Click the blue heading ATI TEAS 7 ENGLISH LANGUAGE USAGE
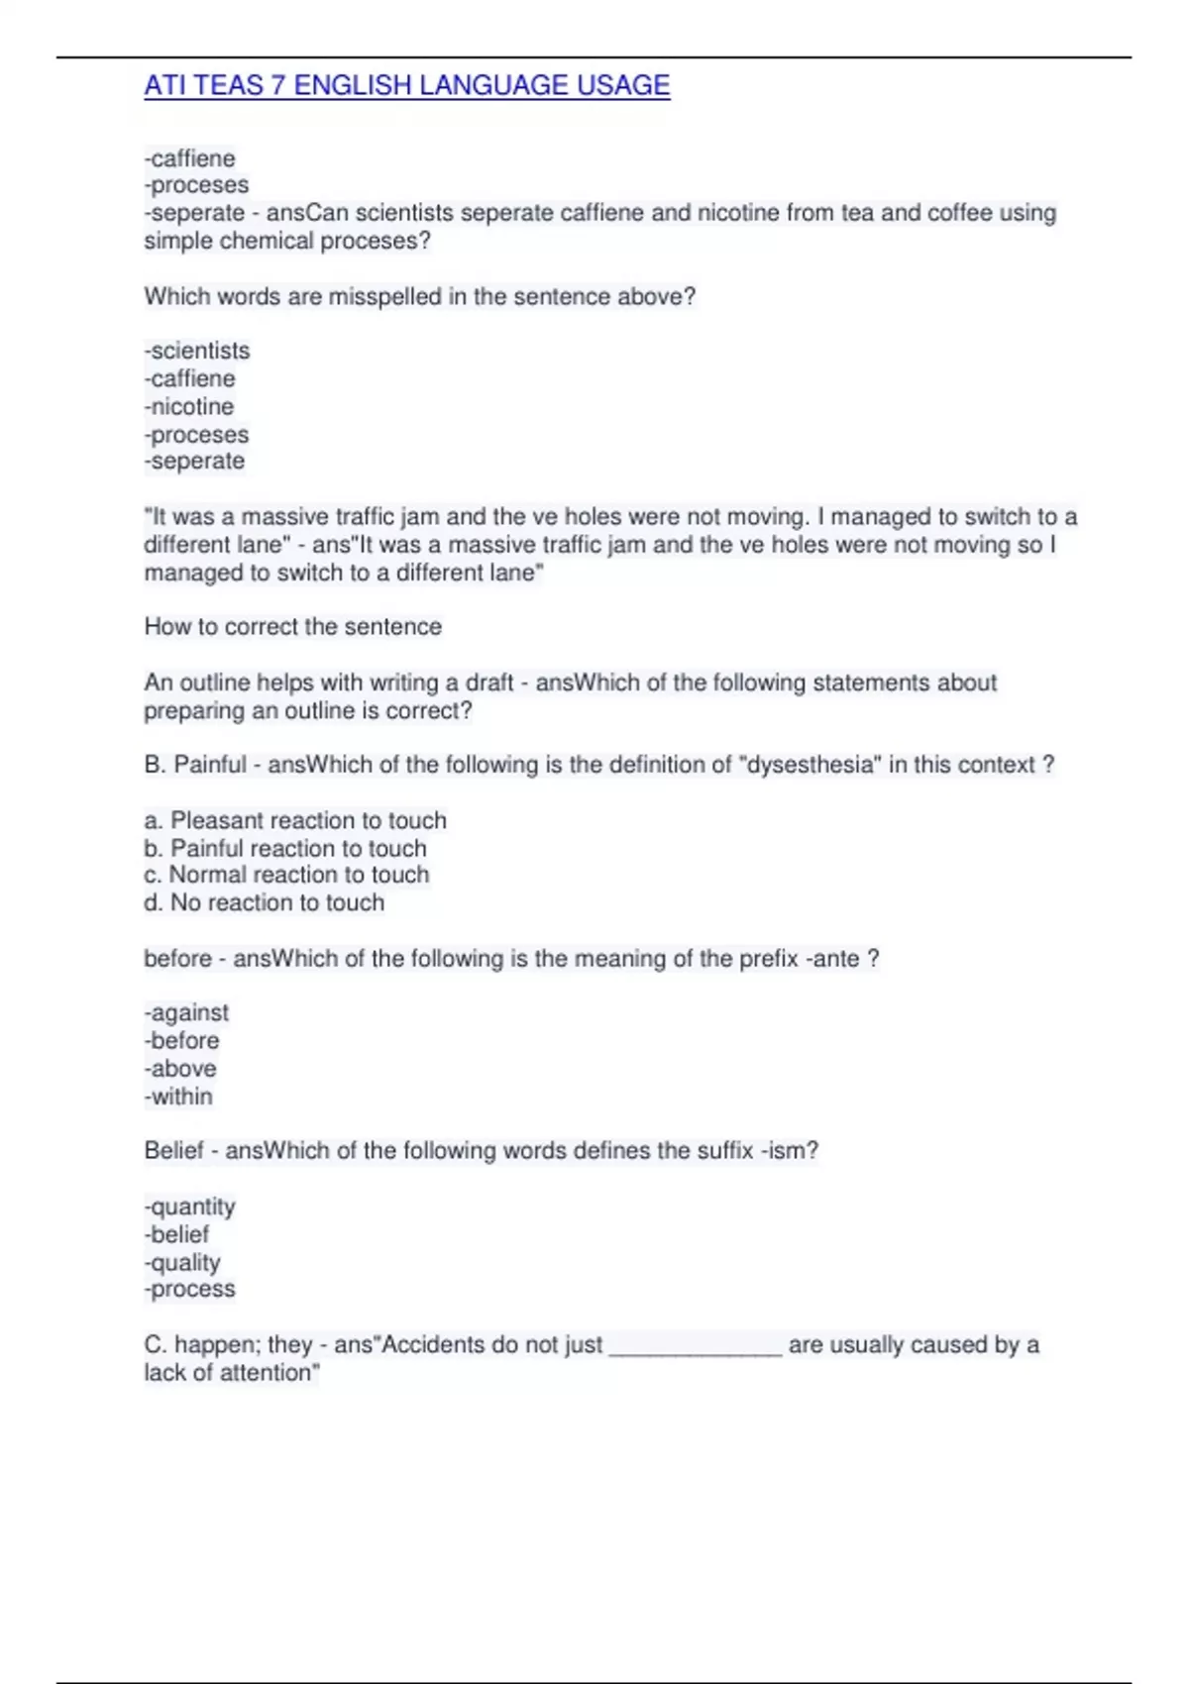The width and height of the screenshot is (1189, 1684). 406,86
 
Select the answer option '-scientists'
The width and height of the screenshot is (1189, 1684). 197,351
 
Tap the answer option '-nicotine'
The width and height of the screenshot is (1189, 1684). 189,406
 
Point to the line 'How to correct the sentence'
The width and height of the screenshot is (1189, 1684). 292,626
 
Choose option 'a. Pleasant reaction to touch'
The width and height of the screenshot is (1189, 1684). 295,820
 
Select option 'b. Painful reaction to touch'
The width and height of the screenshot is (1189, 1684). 285,848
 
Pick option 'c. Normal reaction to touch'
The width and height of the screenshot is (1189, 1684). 286,875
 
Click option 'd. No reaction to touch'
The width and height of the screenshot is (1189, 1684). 264,902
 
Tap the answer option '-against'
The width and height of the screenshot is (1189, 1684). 186,1012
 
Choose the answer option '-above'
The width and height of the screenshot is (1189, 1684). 180,1068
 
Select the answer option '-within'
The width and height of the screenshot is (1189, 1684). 178,1096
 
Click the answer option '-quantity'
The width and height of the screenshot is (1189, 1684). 190,1207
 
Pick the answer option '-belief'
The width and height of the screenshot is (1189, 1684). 176,1234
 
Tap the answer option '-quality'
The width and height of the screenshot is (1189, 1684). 182,1262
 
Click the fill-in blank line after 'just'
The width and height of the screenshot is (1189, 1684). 695,1347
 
